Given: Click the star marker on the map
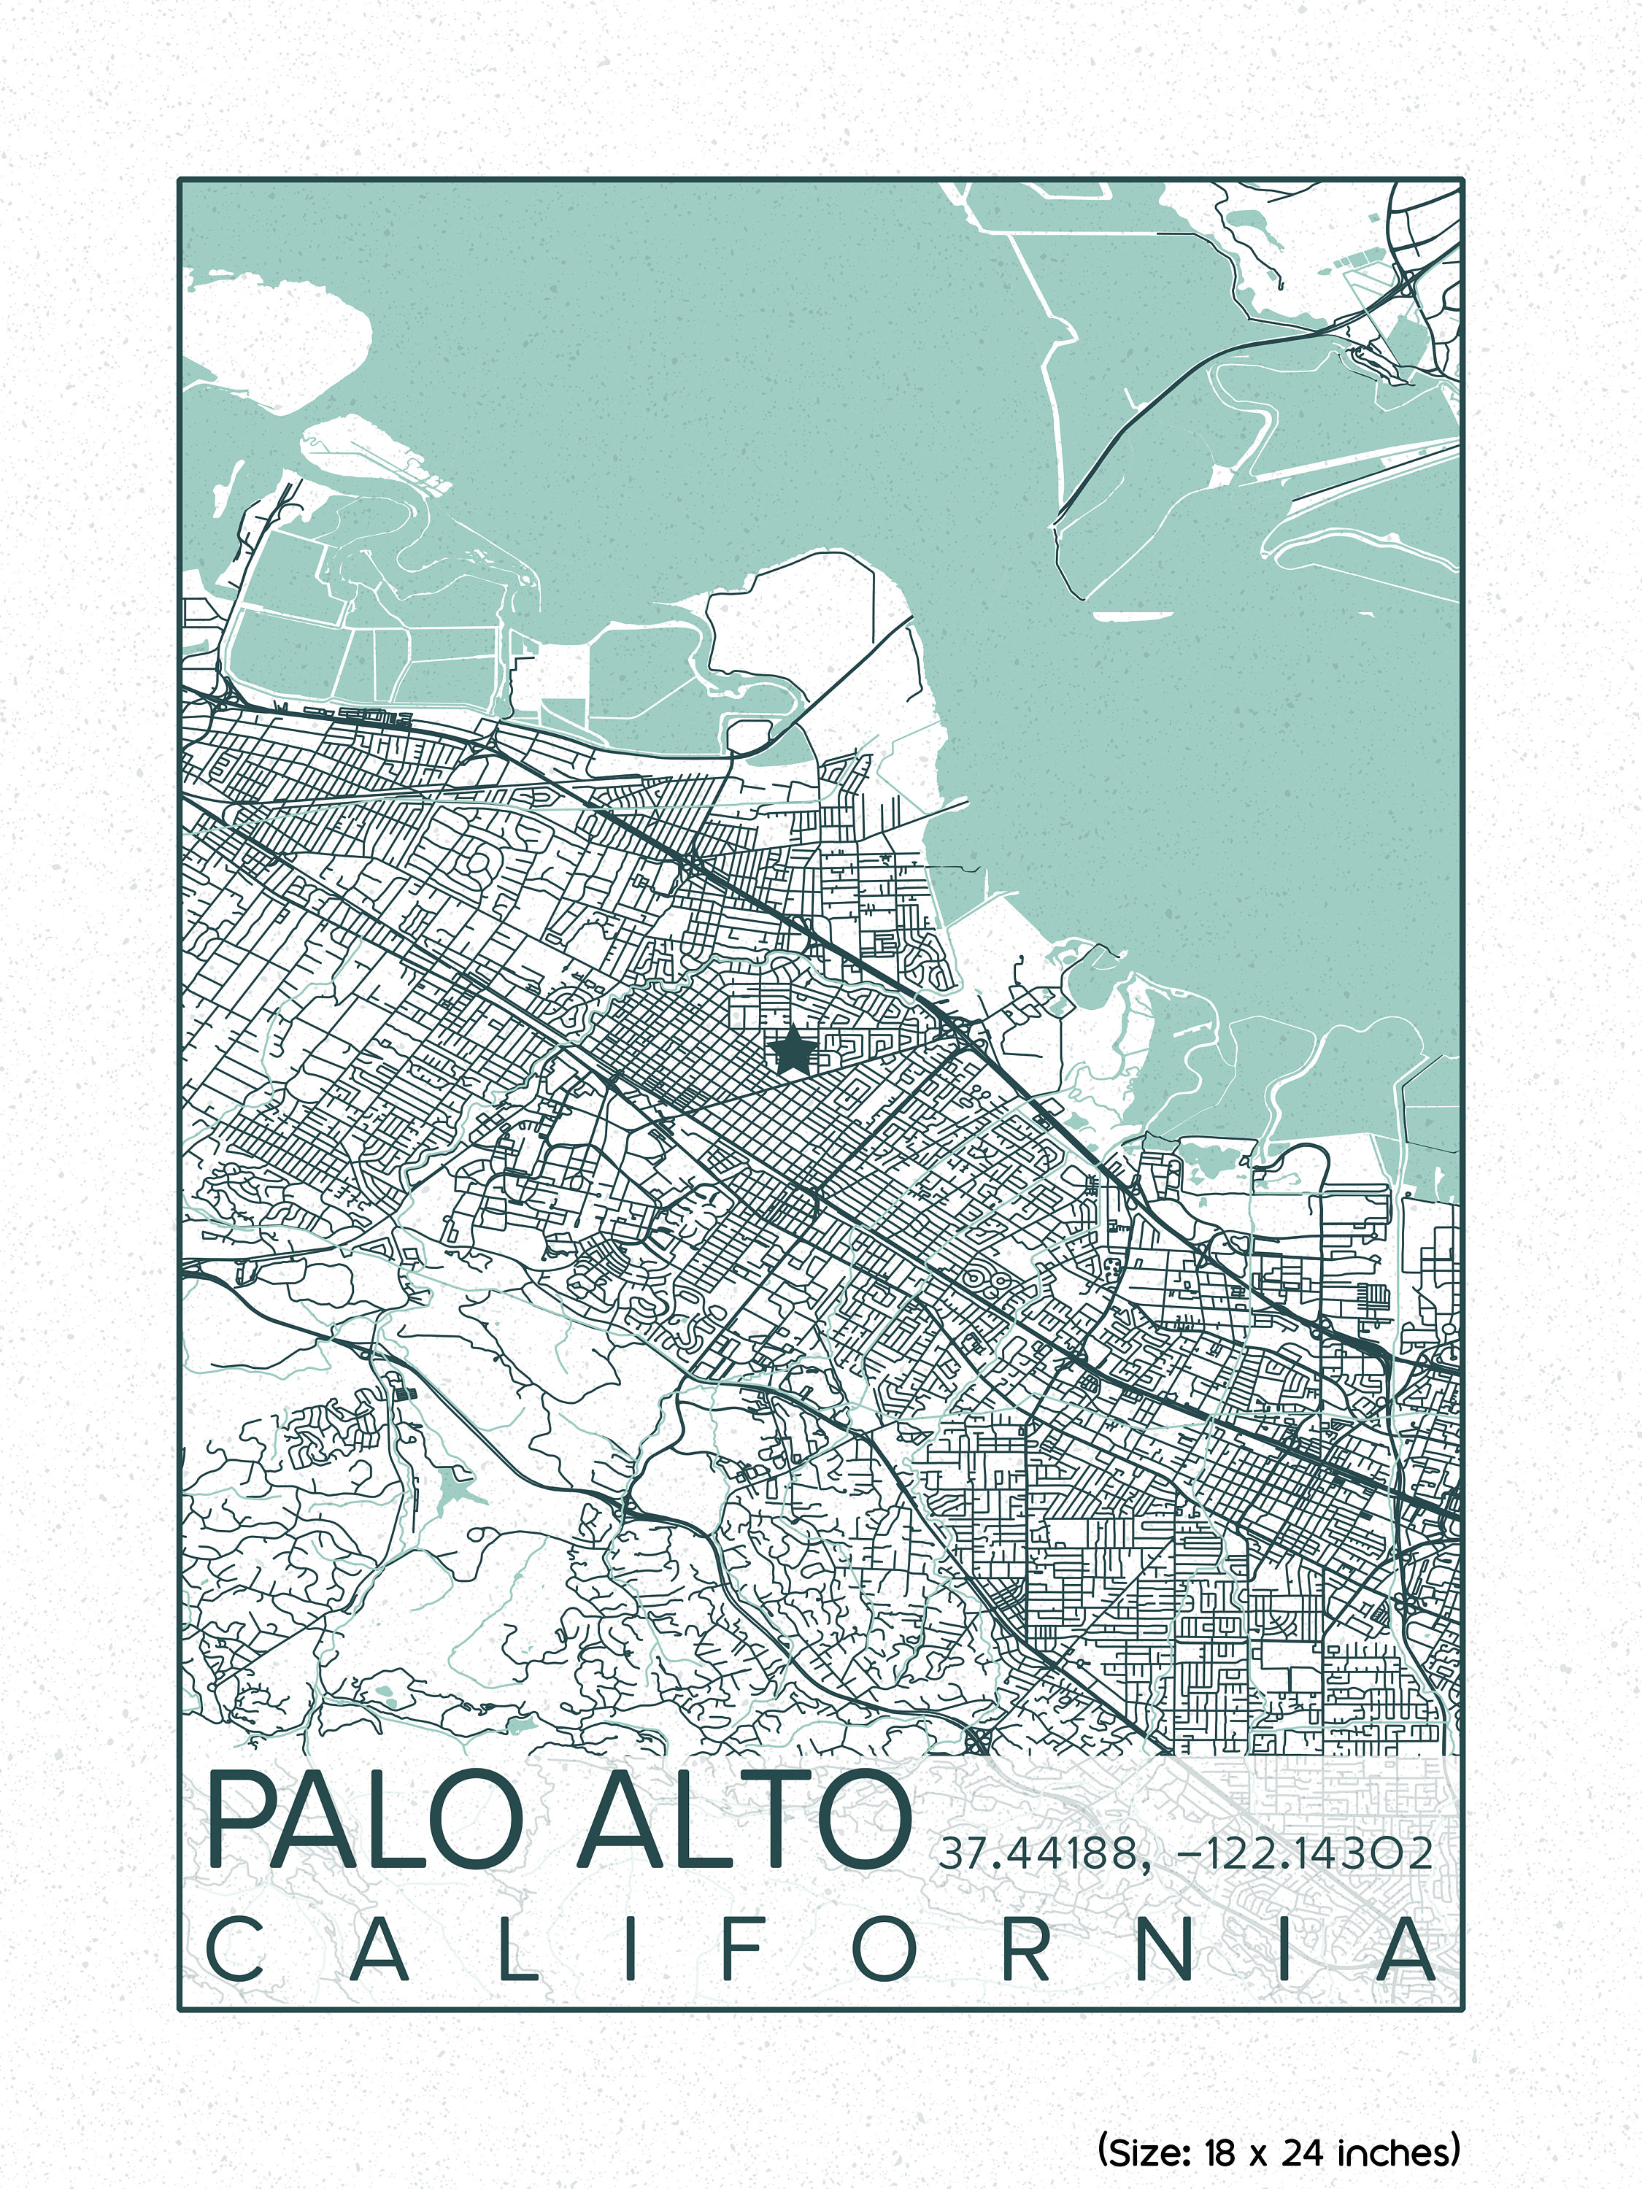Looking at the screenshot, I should click(x=792, y=1050).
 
